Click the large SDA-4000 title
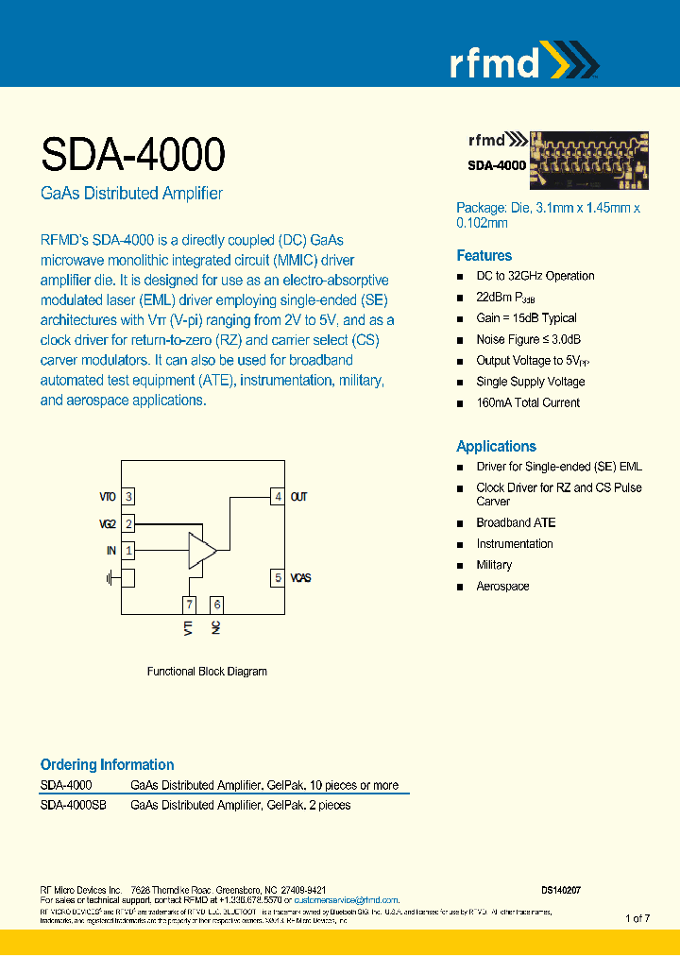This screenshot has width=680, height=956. pos(132,153)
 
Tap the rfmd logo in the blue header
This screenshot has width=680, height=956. pos(522,62)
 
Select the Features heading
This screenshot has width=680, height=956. pos(484,256)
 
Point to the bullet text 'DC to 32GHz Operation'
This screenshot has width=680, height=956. pos(535,276)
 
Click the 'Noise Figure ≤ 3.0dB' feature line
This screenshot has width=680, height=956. pos(528,339)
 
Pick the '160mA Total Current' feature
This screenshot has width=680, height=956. pos(528,402)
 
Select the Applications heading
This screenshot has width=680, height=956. pos(496,446)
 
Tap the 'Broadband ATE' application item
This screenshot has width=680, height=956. pos(516,522)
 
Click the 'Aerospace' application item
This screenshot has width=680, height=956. pos(502,586)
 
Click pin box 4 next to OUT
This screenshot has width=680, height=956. pos(277,496)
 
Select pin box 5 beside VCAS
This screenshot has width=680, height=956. pos(277,577)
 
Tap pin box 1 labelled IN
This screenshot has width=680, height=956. pos(128,549)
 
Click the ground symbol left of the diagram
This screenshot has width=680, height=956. pos(110,577)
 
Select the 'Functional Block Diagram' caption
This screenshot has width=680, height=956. pos(207,672)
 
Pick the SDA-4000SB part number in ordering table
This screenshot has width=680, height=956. pos(73,806)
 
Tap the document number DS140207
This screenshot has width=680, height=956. pos(561,890)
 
